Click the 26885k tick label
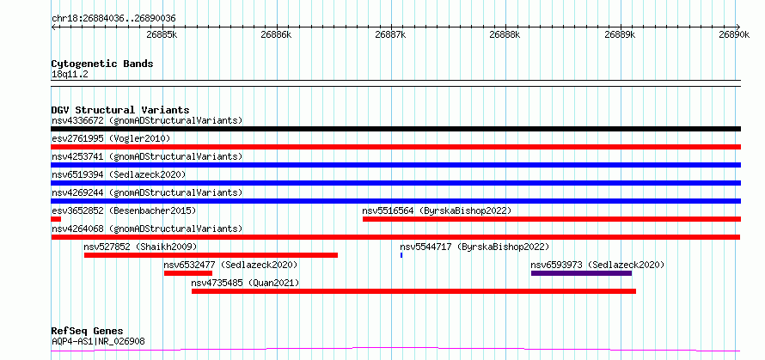(x=161, y=34)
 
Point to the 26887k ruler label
(x=390, y=34)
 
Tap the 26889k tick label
(x=620, y=34)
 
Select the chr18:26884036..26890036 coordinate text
(x=113, y=19)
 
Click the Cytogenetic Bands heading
(x=102, y=64)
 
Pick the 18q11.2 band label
(x=70, y=75)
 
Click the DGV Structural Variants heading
(x=120, y=110)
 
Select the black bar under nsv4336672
(x=395, y=129)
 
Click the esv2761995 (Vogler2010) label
(x=111, y=139)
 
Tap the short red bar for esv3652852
(x=56, y=219)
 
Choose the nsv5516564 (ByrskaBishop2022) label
(x=437, y=211)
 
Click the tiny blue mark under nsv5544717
(x=401, y=255)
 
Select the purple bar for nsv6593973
(x=582, y=273)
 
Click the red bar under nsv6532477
(x=188, y=273)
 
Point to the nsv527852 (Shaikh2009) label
(x=140, y=247)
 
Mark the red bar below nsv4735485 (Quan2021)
(x=413, y=291)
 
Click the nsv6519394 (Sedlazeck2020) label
(x=119, y=174)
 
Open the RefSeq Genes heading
(x=88, y=332)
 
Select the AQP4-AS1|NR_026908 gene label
(x=98, y=341)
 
